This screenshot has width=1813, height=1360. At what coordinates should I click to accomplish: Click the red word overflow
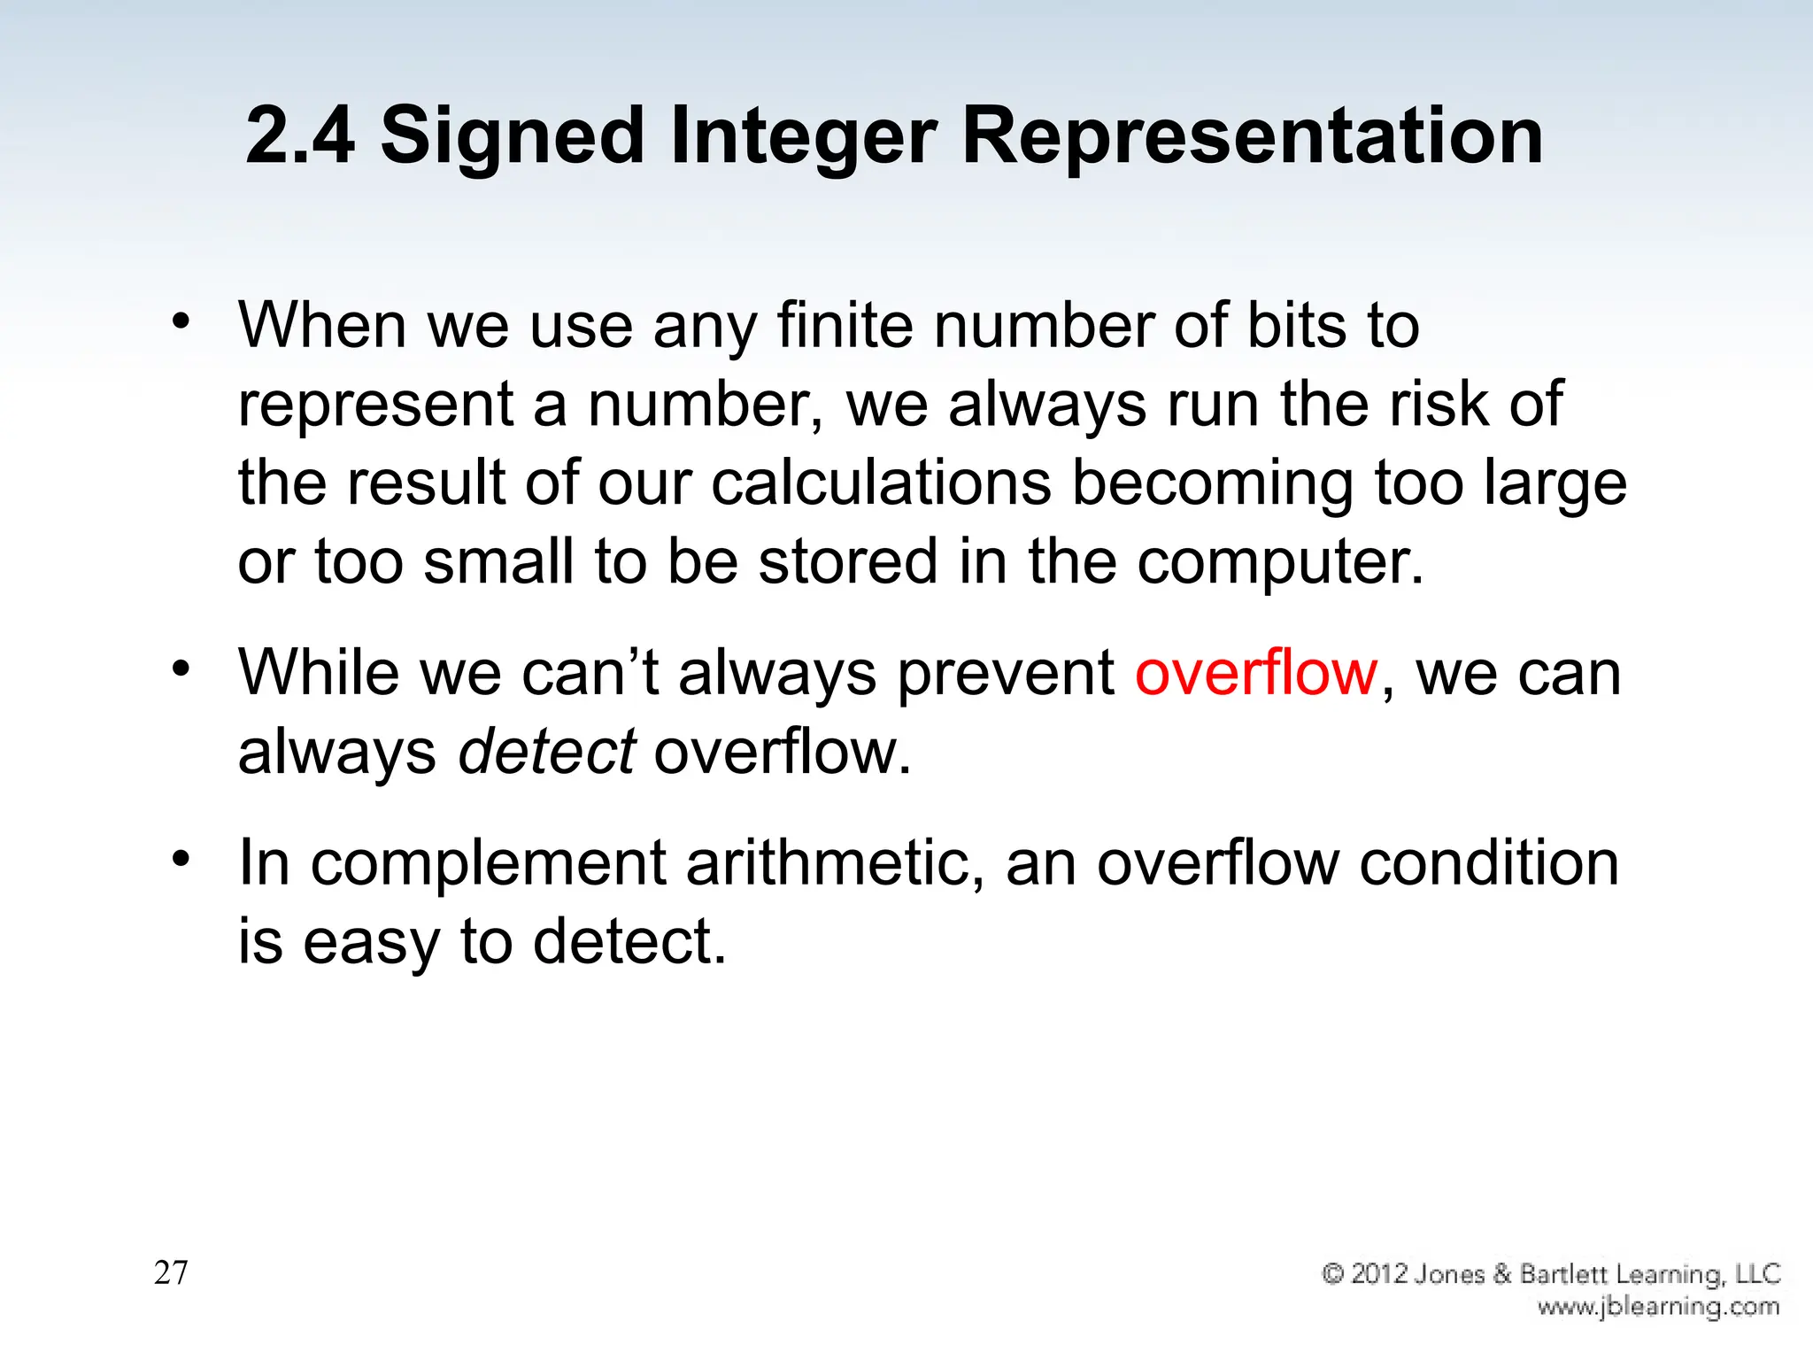coord(1256,673)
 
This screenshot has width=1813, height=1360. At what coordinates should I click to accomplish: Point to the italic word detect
coord(546,752)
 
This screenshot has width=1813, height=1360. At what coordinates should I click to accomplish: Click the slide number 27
coord(171,1272)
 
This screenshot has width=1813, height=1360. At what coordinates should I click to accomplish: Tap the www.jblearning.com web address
coord(1657,1307)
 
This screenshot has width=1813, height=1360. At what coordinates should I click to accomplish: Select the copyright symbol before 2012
coord(1333,1274)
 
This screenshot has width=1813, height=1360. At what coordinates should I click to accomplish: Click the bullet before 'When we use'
coord(181,322)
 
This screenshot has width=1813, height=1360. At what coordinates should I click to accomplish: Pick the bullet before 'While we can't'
coord(181,669)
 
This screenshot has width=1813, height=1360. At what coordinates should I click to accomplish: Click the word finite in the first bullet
coord(845,326)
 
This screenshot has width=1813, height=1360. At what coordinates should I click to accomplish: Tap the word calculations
coord(881,483)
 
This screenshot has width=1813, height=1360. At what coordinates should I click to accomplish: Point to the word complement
coord(488,864)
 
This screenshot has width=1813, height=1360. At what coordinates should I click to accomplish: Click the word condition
coord(1489,863)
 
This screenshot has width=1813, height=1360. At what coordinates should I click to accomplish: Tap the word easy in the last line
coord(371,943)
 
